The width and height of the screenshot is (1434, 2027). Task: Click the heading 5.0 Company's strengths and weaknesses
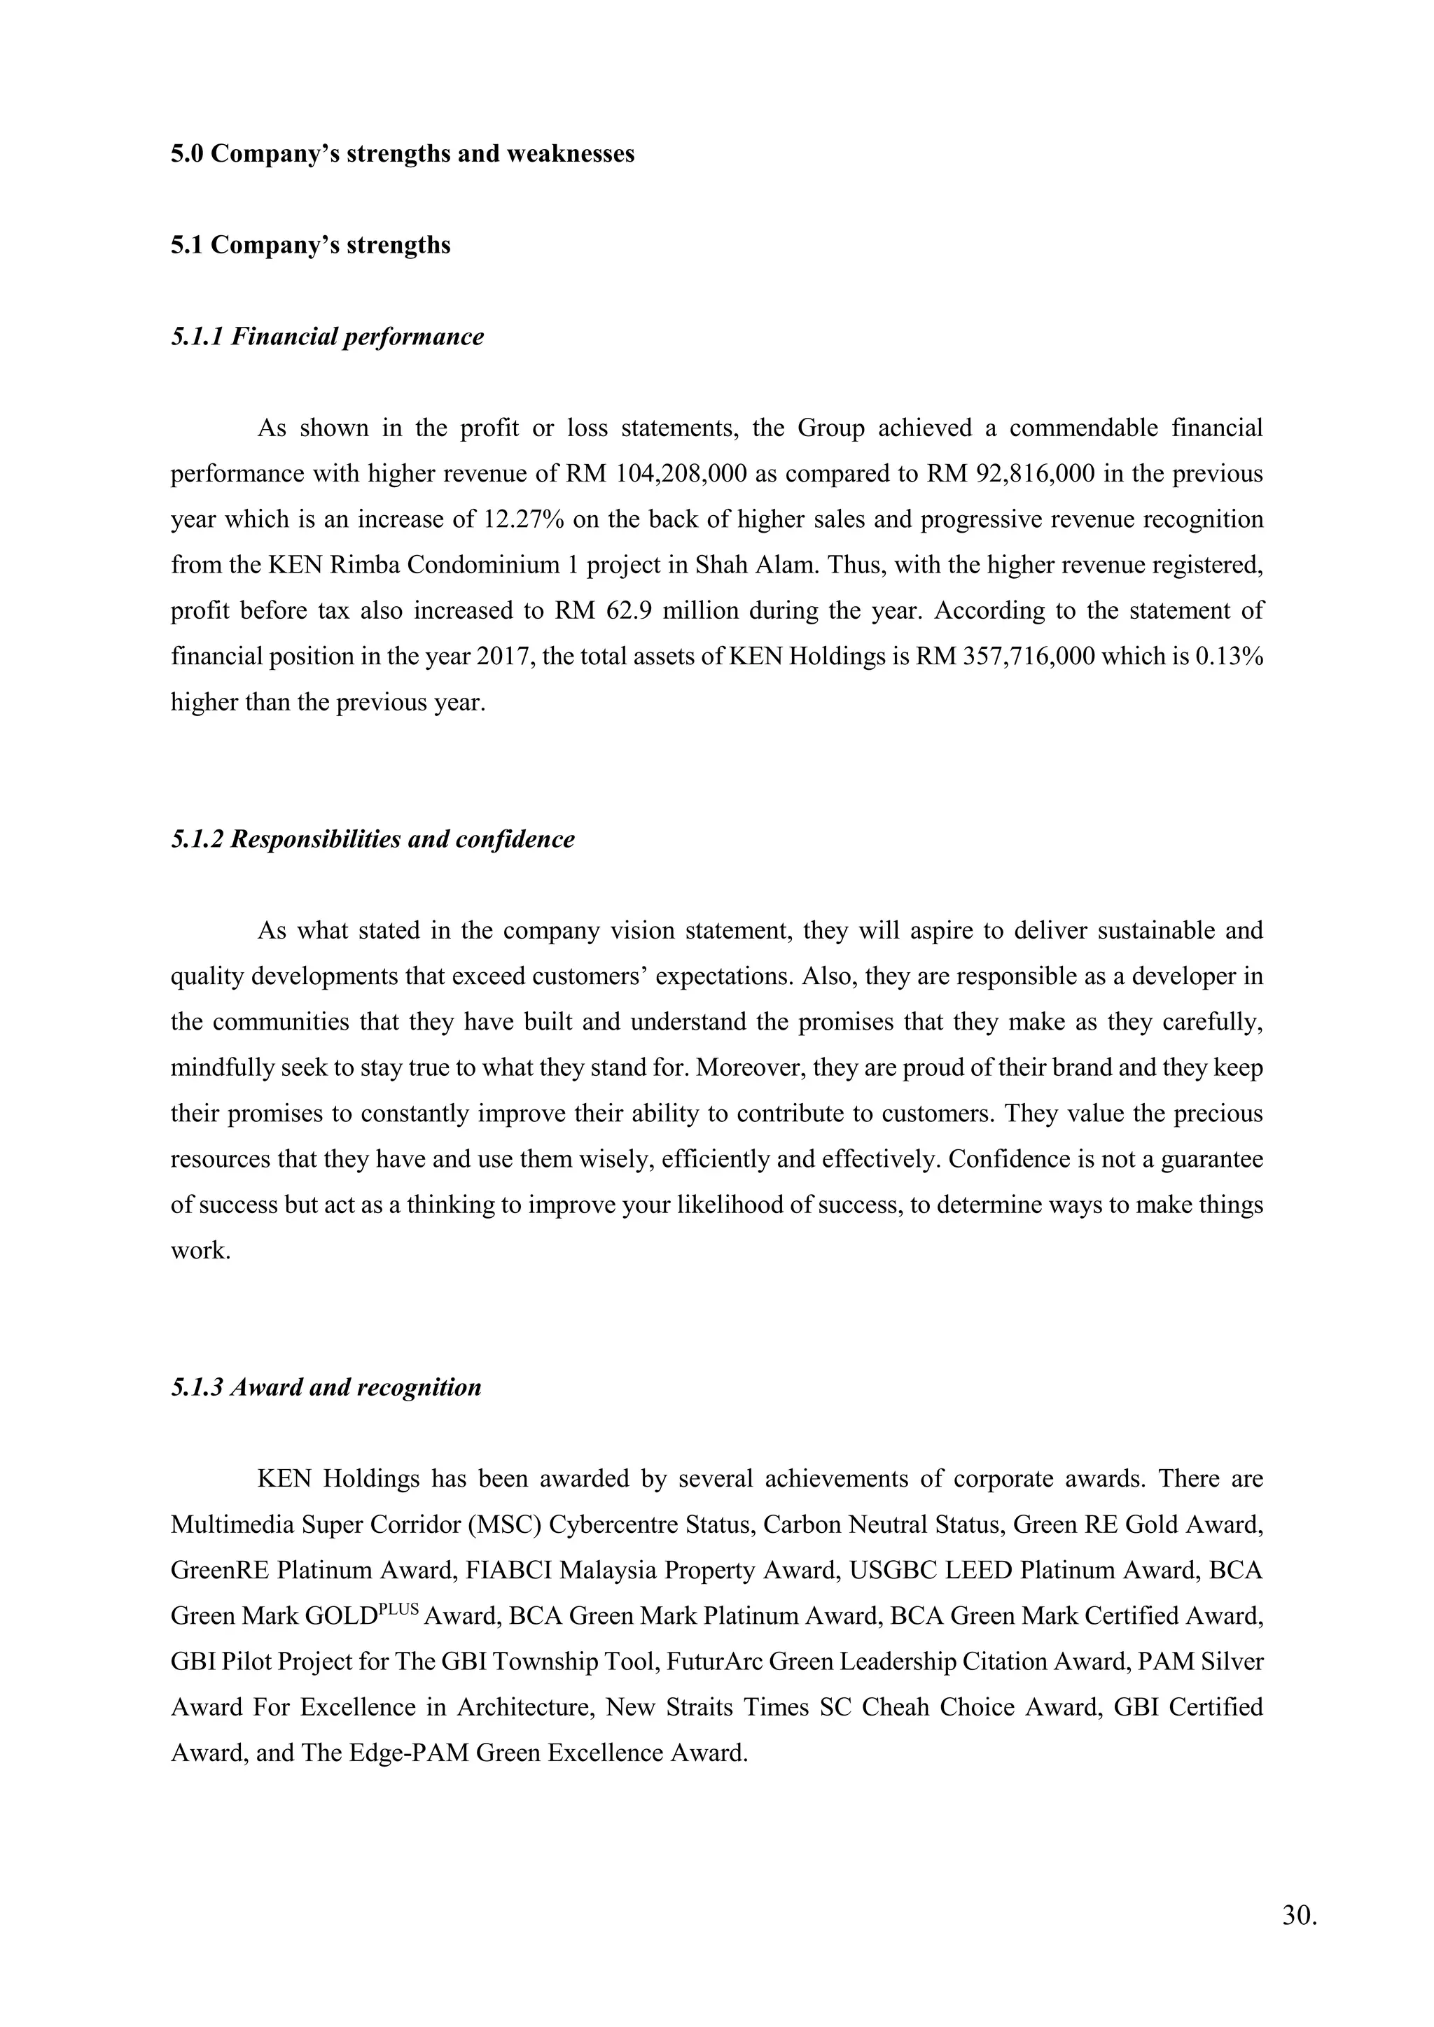click(403, 153)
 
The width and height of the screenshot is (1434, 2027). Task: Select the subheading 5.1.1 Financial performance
click(328, 337)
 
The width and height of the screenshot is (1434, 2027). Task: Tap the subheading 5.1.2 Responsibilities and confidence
click(373, 839)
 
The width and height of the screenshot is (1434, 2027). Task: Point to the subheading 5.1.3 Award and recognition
click(326, 1387)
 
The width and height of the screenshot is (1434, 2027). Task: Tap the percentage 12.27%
click(524, 519)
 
